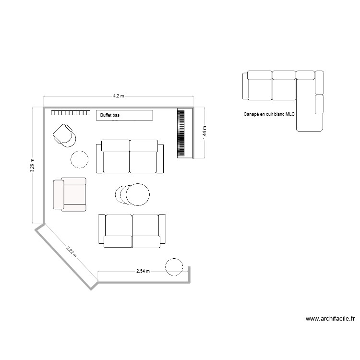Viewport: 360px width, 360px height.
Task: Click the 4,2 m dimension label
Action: (x=119, y=96)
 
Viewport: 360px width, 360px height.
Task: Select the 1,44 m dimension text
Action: (x=204, y=132)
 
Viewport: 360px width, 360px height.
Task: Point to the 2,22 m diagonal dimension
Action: (x=71, y=252)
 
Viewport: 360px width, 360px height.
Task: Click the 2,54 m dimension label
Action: (x=143, y=271)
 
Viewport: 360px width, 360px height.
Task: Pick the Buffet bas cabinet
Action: (x=125, y=115)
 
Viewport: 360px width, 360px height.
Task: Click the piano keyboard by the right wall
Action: (x=181, y=132)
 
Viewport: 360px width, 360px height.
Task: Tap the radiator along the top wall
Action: (x=71, y=114)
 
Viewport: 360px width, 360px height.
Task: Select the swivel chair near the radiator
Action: (x=65, y=134)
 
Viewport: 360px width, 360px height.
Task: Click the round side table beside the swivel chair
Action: (x=80, y=159)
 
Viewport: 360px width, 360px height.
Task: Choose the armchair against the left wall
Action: (x=70, y=194)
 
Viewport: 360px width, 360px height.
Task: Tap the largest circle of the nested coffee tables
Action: (x=138, y=195)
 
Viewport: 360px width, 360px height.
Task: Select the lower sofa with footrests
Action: (x=132, y=231)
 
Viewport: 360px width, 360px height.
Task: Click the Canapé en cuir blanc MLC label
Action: (x=269, y=114)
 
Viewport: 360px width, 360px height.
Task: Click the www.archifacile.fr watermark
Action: (x=330, y=318)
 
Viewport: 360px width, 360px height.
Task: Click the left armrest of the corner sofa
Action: (x=245, y=86)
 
